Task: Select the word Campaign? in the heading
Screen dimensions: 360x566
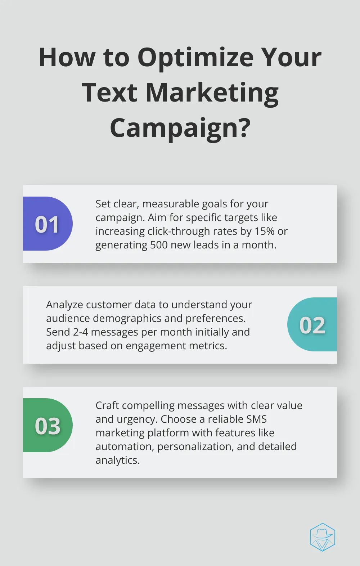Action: click(x=180, y=129)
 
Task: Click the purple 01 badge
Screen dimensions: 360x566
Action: click(x=48, y=224)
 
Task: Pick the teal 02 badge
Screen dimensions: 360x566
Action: click(x=312, y=324)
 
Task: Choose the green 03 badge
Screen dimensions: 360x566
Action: click(x=48, y=425)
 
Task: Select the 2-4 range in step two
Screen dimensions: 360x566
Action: click(x=81, y=332)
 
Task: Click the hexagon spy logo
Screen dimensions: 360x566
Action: click(x=322, y=537)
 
